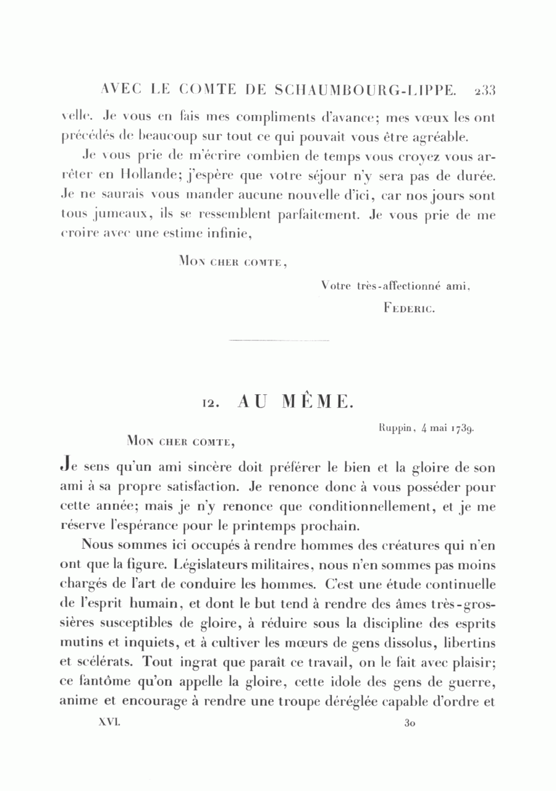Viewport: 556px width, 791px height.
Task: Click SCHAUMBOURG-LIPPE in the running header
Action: (363, 91)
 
